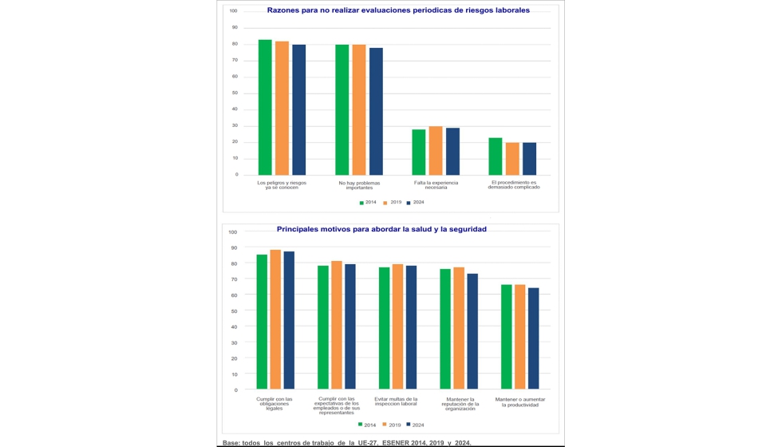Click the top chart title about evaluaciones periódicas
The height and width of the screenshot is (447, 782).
[x=397, y=10]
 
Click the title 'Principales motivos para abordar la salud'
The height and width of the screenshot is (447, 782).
[x=381, y=229]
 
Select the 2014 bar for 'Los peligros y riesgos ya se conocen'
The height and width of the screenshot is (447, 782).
[x=265, y=107]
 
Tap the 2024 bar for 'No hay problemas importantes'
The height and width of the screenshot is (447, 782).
[x=376, y=111]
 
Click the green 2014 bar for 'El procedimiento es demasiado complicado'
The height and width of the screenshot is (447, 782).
[x=496, y=156]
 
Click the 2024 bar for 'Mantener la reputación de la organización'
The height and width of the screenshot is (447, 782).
[x=472, y=331]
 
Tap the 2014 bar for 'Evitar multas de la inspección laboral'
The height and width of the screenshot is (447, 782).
[x=384, y=328]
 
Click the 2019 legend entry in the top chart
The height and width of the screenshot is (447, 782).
[x=393, y=202]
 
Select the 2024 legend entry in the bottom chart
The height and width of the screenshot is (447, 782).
[x=416, y=425]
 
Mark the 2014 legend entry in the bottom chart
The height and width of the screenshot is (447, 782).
[x=367, y=425]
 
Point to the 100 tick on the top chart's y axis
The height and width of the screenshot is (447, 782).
[x=234, y=10]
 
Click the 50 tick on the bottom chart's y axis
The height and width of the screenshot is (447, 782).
[x=234, y=311]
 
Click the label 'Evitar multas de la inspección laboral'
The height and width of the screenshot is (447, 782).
[x=397, y=402]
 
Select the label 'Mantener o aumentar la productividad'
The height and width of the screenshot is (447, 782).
[x=520, y=402]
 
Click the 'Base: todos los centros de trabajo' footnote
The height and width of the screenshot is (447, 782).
[x=346, y=441]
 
